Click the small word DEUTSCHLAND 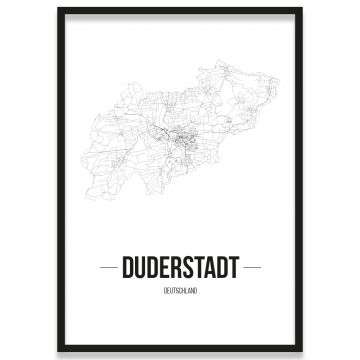[x=179, y=289]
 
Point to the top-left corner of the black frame [x=58, y=9]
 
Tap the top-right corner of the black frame [x=301, y=9]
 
